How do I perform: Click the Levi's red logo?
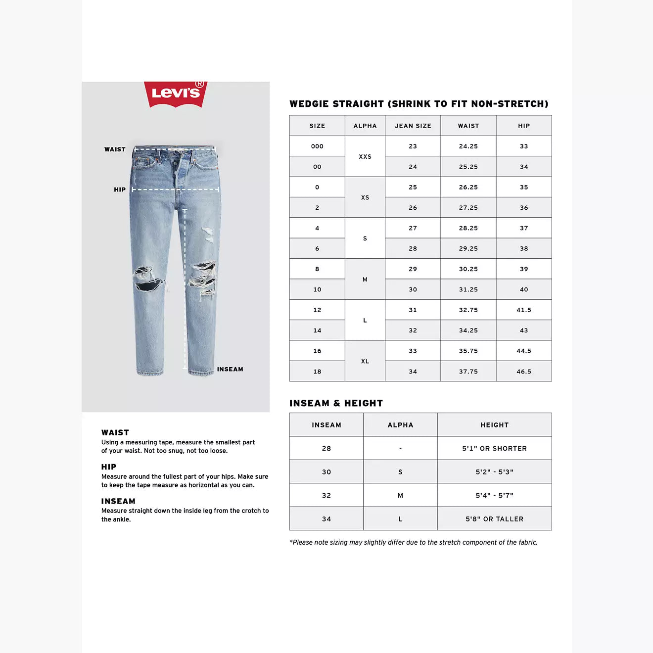tap(176, 93)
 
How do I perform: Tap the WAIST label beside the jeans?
tap(115, 149)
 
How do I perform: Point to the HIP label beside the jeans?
tap(120, 189)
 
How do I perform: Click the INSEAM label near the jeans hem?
tap(230, 369)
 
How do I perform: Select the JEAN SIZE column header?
tap(413, 126)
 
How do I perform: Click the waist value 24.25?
tap(468, 146)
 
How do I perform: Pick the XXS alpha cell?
tap(365, 156)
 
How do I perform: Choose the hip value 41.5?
tap(523, 310)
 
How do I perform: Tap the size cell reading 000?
tap(317, 146)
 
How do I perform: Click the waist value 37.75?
tap(468, 372)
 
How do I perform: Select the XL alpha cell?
tap(365, 361)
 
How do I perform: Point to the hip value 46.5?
tap(523, 372)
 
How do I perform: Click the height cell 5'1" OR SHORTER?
tap(494, 449)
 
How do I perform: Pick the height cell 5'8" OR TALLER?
tap(494, 519)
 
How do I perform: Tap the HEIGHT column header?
tap(494, 425)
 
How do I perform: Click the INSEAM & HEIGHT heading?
tap(336, 403)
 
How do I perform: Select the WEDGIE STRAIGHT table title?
tap(419, 104)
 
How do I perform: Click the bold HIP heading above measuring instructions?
tap(109, 467)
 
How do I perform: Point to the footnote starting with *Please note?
tap(413, 543)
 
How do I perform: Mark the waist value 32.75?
tap(468, 310)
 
